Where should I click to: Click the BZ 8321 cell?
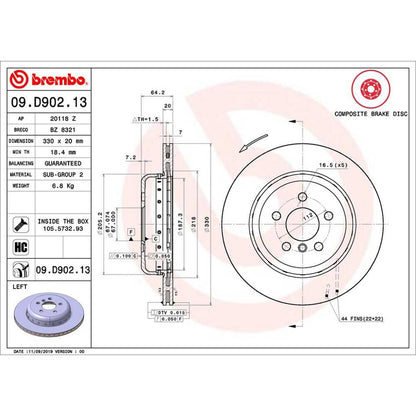pyautogui.click(x=76, y=130)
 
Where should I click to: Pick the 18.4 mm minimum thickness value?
pyautogui.click(x=76, y=156)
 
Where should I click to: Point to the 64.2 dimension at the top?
pyautogui.click(x=155, y=92)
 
